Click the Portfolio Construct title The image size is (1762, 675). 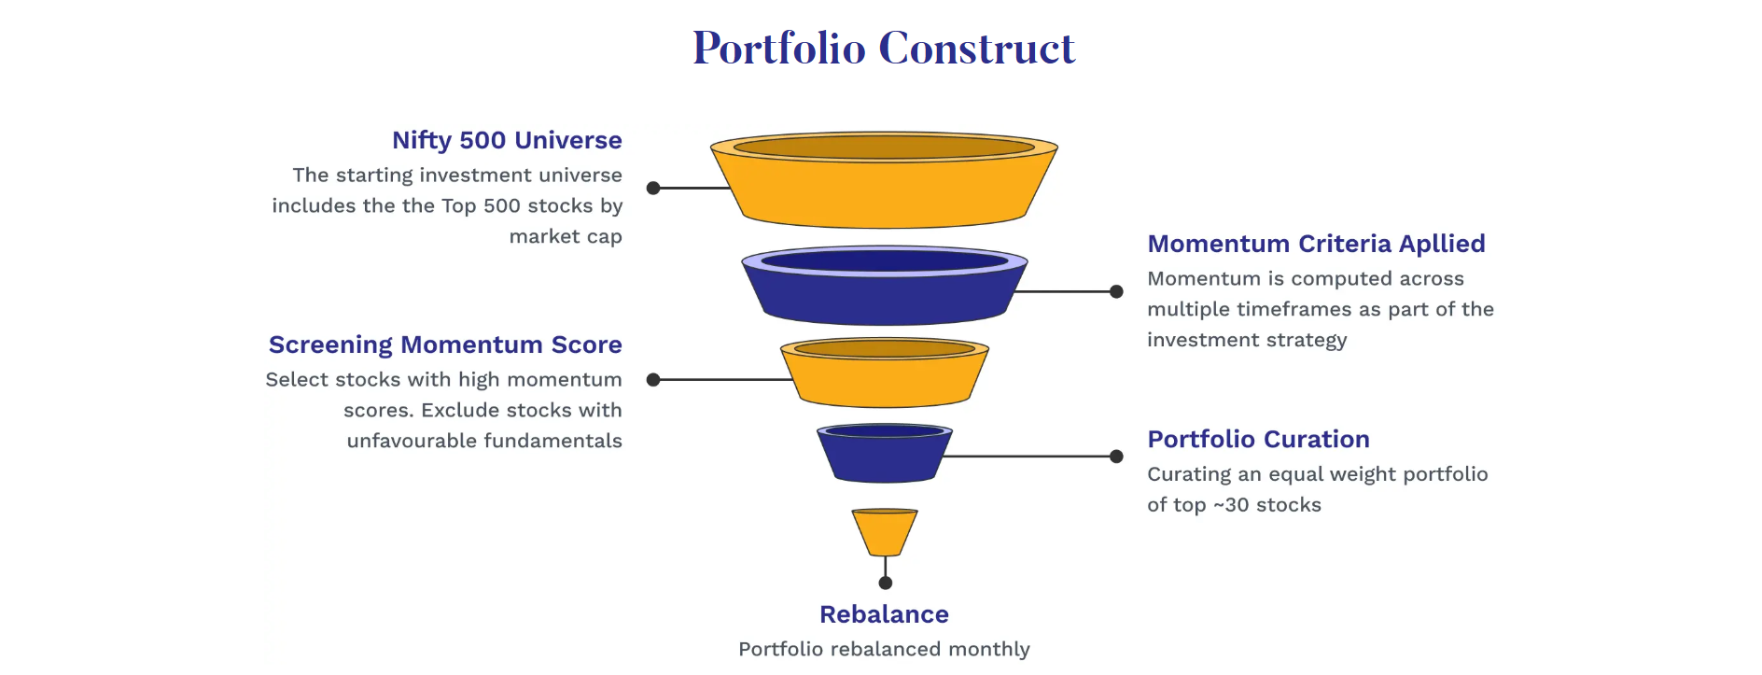coord(884,48)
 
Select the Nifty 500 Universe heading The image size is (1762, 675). coord(507,140)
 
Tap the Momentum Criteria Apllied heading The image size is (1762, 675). coord(1316,244)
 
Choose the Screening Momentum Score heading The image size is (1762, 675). coord(445,345)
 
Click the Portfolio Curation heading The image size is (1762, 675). coord(1258,439)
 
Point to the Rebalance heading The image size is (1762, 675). coord(884,614)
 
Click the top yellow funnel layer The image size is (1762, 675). coord(884,180)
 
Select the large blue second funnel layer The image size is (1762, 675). coord(884,286)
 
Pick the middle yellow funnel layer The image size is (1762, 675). coord(884,373)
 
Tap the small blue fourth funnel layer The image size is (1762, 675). coord(884,454)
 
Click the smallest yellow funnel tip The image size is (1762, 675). coord(884,532)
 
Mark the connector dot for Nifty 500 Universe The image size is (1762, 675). coord(653,188)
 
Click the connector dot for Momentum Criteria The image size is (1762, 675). coord(1116,291)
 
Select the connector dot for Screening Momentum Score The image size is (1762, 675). coord(653,380)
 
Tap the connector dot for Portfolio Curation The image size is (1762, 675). coord(1116,457)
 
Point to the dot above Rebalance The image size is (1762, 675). coord(886,583)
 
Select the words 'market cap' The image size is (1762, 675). coord(566,237)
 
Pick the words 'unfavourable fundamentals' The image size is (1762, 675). coord(484,441)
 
